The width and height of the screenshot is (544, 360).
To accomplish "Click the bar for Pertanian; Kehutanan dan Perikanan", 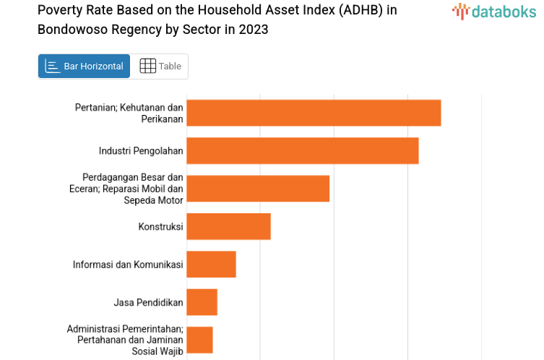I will point(314,113).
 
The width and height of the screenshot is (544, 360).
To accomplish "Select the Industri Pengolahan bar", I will point(302,150).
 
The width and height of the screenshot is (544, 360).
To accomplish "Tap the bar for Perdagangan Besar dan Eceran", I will point(258,189).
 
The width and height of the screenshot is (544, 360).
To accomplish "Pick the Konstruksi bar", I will point(228,226).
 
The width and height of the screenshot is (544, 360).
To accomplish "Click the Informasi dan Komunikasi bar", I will point(211,264).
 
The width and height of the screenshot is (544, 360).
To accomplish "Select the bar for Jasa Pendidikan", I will point(202,302).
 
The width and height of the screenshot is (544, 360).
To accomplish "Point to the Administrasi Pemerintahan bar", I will point(199,340).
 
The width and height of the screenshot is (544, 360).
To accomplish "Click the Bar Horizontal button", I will point(85,67).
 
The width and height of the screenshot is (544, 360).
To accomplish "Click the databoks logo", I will point(493,12).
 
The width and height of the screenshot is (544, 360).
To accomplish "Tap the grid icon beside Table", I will point(147,67).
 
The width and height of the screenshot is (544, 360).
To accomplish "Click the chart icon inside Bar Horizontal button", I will point(53,67).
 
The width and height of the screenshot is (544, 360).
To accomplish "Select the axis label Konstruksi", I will point(160,226).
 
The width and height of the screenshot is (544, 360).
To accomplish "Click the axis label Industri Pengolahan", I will point(141,150).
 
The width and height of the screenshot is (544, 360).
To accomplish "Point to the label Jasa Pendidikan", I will point(148,302).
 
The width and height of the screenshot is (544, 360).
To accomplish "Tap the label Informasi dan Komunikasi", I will point(128,264).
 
